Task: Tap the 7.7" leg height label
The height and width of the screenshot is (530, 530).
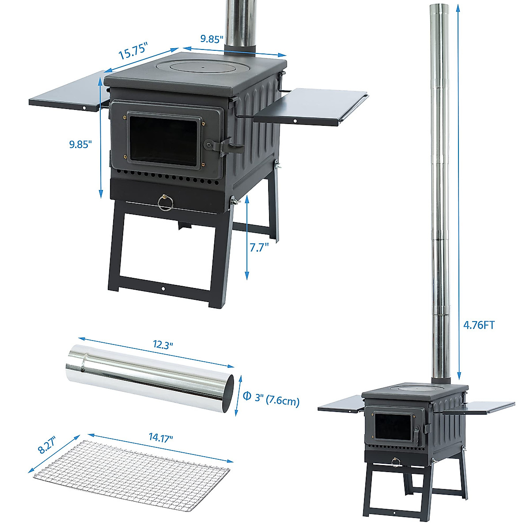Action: click(259, 247)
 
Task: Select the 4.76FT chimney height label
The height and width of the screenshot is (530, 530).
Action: click(479, 326)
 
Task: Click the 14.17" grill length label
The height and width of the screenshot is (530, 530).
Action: click(161, 438)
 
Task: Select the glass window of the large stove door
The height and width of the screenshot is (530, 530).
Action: click(163, 140)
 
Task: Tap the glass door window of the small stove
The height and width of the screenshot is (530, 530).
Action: click(392, 425)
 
